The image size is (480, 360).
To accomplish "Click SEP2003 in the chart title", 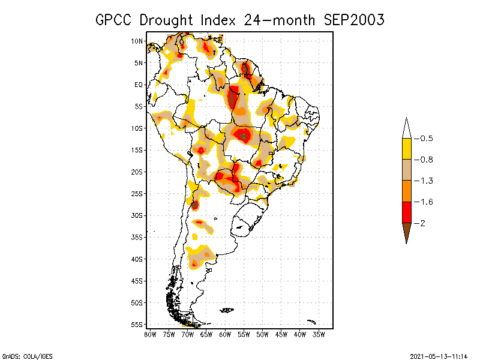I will click(x=354, y=20).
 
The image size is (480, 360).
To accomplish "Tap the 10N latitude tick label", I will click(x=137, y=41).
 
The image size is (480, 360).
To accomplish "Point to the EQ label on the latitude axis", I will click(x=138, y=85).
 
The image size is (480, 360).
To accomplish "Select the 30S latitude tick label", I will click(x=137, y=215).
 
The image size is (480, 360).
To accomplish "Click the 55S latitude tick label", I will click(x=137, y=324).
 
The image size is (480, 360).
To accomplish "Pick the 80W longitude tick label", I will click(x=151, y=334).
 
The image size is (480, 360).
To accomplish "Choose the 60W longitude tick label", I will click(x=226, y=334).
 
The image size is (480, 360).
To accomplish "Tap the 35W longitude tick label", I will click(x=319, y=334).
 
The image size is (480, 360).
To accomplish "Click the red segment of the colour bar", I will click(x=406, y=212).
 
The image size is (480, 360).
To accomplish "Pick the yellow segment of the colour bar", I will click(x=406, y=148).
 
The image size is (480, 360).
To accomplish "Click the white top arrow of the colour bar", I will click(x=406, y=128).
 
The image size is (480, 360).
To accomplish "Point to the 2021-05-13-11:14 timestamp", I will click(x=439, y=355).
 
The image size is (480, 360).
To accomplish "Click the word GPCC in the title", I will click(x=114, y=20).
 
